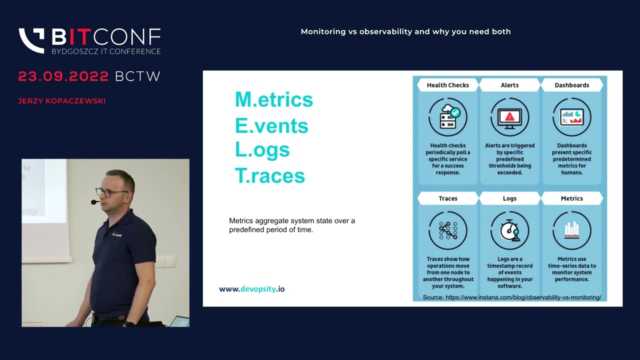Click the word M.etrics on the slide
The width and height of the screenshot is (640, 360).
274,99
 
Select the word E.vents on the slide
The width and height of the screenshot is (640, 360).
271,125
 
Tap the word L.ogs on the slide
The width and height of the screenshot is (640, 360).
262,150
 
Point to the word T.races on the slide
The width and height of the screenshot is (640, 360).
270,175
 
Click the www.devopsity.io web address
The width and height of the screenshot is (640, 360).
252,289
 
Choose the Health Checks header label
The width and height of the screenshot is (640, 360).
447,85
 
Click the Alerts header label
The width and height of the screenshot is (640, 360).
509,85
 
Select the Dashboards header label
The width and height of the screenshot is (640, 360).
571,85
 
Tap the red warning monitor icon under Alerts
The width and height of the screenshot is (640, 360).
509,117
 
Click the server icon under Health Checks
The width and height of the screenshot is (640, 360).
447,117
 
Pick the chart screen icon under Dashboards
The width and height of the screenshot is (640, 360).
571,117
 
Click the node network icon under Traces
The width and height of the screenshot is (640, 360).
447,230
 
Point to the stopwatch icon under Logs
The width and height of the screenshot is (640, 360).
509,230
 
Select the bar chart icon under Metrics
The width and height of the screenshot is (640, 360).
571,230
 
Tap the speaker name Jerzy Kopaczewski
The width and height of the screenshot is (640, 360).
62,101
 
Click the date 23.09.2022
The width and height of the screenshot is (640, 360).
63,76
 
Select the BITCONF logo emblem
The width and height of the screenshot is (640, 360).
31,40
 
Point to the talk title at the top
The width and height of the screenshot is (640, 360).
405,31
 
